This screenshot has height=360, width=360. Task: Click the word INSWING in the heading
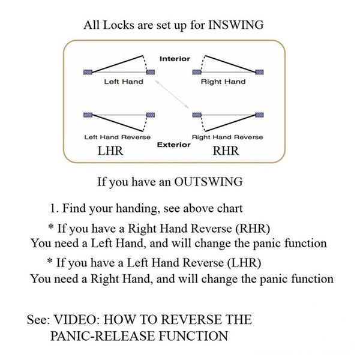(x=236, y=25)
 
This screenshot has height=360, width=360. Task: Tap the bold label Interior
(x=175, y=59)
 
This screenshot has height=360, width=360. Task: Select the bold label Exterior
(x=174, y=145)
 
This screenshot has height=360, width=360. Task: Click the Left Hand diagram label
(x=124, y=82)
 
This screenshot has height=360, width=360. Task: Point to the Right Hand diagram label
(x=223, y=82)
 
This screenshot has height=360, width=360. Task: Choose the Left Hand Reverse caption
(x=118, y=137)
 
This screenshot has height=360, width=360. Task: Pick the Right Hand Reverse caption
(x=227, y=137)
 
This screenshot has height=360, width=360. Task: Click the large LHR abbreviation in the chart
(x=110, y=151)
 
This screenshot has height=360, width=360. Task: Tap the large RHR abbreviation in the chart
(x=226, y=151)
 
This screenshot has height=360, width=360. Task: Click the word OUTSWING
(x=208, y=182)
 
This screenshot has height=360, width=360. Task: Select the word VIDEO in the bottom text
(x=77, y=319)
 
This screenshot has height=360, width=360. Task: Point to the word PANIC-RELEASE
(x=103, y=336)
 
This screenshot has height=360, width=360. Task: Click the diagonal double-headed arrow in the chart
(x=172, y=94)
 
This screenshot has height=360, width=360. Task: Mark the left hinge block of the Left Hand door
(x=88, y=72)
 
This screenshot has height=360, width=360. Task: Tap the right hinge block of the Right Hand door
(x=259, y=72)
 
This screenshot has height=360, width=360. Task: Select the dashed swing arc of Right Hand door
(x=202, y=62)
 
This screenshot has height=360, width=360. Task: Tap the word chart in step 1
(x=230, y=208)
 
